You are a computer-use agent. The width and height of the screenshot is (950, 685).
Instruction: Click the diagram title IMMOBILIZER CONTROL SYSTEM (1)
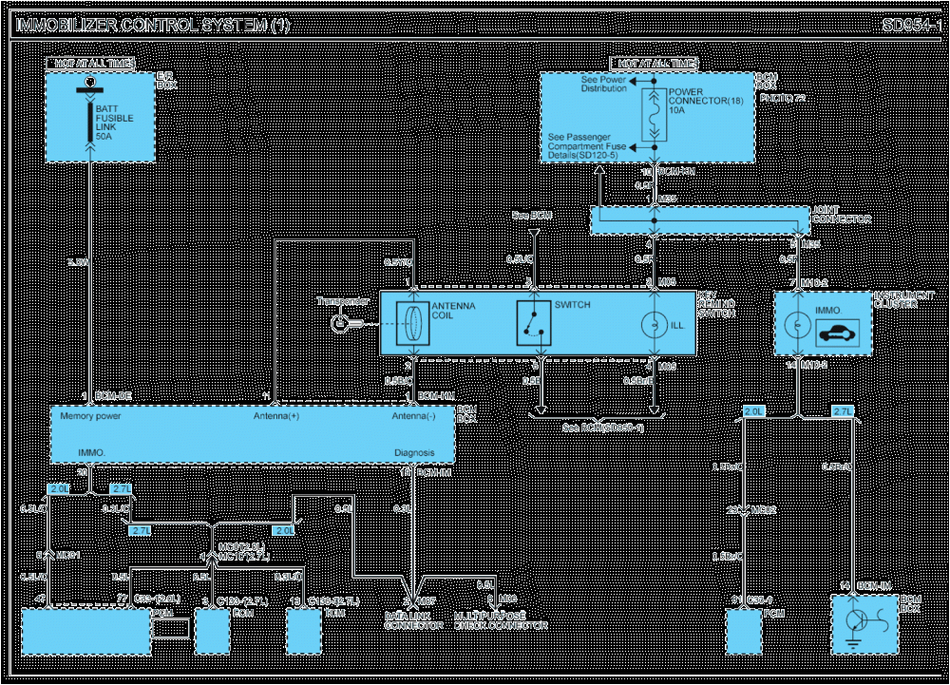(152, 26)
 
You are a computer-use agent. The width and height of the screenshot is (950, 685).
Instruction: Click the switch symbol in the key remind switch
(532, 323)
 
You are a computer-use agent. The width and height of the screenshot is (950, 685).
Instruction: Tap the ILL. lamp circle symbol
(653, 324)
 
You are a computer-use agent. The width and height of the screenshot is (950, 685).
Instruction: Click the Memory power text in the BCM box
(90, 416)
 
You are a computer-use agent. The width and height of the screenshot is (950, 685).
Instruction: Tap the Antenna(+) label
(275, 416)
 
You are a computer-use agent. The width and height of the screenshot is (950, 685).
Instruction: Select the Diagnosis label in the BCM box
(414, 453)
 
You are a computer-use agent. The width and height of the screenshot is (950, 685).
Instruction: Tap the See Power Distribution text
(603, 85)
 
